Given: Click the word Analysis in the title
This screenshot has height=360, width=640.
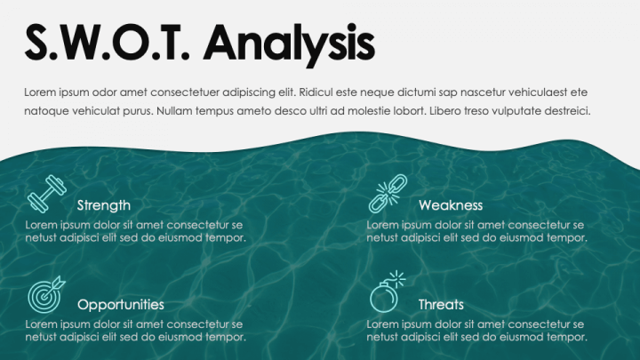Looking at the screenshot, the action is point(289,44).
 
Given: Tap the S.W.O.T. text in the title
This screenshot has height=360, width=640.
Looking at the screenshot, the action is point(108,42).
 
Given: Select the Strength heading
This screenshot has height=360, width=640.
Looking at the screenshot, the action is point(104,205).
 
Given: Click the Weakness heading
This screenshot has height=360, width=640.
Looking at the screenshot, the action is point(451,205).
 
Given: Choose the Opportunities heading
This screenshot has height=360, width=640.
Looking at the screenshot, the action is point(121,305).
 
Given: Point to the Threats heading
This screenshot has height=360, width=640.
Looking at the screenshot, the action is point(441,305).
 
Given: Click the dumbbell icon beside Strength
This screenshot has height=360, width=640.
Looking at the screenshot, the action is point(46,194).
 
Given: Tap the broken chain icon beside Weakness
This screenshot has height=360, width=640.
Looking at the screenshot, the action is point(388,194).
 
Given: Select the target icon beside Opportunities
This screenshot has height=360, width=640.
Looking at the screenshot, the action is point(44,296).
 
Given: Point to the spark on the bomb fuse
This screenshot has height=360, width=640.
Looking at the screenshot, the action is point(396,280).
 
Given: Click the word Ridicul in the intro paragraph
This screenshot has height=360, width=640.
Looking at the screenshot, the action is point(316,92).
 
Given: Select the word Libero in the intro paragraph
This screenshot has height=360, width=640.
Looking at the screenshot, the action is point(444,111).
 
